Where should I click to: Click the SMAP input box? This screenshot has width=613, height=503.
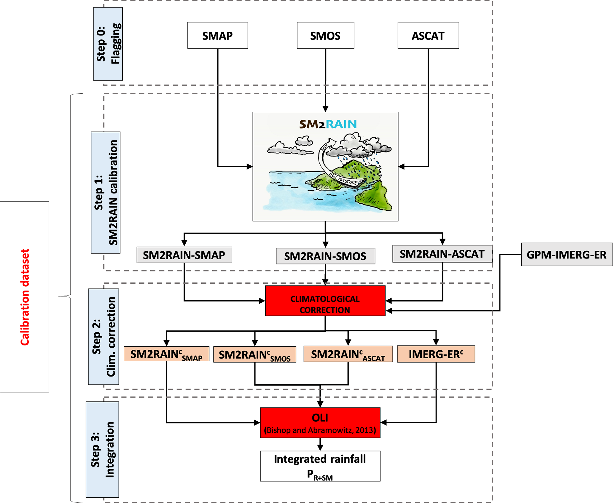coord(218,36)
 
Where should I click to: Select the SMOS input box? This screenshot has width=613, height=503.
coord(325,36)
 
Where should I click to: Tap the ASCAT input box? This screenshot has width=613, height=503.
coord(428,36)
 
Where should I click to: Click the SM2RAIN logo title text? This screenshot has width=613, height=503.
coord(328,124)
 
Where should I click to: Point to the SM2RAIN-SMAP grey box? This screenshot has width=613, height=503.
coord(184,255)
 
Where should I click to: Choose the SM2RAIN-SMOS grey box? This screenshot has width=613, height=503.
coord(325,256)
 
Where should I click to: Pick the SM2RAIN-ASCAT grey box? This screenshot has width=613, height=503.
coord(442,254)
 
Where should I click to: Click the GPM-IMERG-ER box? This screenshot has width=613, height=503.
coord(567,255)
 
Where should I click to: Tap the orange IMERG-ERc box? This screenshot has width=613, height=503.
coord(436,354)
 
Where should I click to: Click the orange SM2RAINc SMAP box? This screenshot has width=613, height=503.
coord(166,354)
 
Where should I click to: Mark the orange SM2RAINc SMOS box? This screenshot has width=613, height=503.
coord(254,355)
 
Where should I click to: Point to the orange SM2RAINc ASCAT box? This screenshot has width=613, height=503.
coord(348,354)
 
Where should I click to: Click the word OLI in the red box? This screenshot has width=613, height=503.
coord(320,418)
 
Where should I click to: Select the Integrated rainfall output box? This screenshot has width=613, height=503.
coord(320,466)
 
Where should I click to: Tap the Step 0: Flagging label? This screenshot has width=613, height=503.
coord(108,44)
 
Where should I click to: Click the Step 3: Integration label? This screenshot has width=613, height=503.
coord(102,449)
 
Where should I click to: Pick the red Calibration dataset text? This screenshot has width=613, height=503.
coord(25,297)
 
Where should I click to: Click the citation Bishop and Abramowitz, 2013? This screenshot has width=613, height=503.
coord(320,430)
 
